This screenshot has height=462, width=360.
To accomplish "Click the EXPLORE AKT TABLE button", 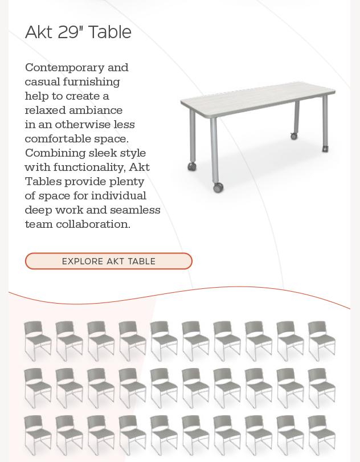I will pos(109,261).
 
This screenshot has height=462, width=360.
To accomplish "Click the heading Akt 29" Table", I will pos(78,32).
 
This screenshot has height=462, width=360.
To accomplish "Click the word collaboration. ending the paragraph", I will pos(93,224).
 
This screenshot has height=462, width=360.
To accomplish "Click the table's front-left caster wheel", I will pos(192,166).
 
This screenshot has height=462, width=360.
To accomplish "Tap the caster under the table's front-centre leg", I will pos(218,187).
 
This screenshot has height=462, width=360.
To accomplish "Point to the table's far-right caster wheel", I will pos(325,149).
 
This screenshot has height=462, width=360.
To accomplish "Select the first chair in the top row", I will pos(38,340).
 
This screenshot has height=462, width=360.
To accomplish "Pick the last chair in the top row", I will pos(322,340).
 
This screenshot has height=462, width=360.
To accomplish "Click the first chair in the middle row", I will pos(38,387).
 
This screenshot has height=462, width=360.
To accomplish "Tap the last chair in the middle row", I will pos(322,387).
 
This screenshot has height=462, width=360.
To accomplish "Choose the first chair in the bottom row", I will pos(38,435).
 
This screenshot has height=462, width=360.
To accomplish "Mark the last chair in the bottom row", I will pos(322,435).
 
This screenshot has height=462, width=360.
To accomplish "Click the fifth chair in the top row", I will pos(164,340).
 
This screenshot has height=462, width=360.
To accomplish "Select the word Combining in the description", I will pos(55,153).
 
